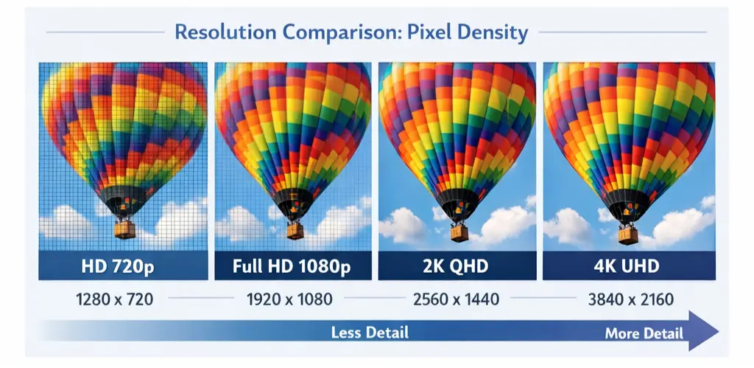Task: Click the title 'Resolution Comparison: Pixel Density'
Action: (350, 32)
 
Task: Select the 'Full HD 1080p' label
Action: (292, 265)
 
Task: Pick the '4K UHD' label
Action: (628, 265)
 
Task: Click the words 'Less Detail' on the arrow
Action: (370, 333)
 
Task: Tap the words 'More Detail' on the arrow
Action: (644, 333)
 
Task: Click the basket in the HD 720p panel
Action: (125, 229)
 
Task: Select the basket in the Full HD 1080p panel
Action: (295, 230)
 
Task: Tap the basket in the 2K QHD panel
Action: (459, 233)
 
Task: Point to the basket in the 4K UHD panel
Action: (627, 235)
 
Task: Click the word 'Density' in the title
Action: (491, 32)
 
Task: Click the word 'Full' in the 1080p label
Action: (247, 265)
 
